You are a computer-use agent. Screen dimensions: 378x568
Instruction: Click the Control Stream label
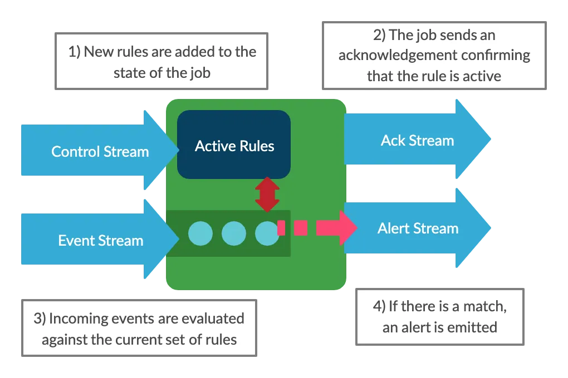pyautogui.click(x=100, y=151)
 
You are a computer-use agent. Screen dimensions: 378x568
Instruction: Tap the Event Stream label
pyautogui.click(x=101, y=240)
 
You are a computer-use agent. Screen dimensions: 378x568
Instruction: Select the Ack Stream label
pyautogui.click(x=418, y=140)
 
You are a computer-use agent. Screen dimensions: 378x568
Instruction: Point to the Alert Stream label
pyautogui.click(x=418, y=228)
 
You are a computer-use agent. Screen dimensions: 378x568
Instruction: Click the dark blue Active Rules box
pyautogui.click(x=234, y=145)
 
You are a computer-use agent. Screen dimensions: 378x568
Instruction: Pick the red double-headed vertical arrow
pyautogui.click(x=267, y=194)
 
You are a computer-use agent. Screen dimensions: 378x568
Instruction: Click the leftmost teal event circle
pyautogui.click(x=200, y=233)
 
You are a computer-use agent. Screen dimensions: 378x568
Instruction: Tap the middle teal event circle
pyautogui.click(x=234, y=233)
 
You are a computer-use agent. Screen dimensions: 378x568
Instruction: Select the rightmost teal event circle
pyautogui.click(x=267, y=233)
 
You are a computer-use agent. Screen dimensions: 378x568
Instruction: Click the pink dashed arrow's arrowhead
pyautogui.click(x=347, y=227)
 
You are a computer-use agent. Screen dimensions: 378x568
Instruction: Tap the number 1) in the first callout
pyautogui.click(x=74, y=52)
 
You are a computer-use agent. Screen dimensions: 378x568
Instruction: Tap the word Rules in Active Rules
pyautogui.click(x=254, y=146)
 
